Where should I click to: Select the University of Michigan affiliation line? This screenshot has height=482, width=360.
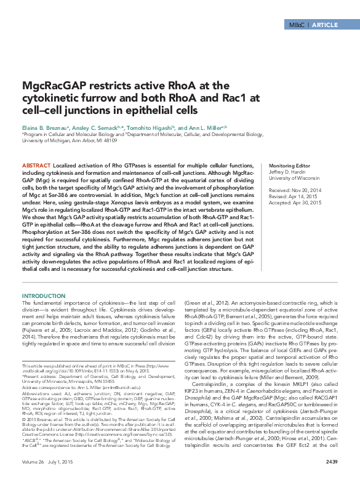[62, 140]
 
